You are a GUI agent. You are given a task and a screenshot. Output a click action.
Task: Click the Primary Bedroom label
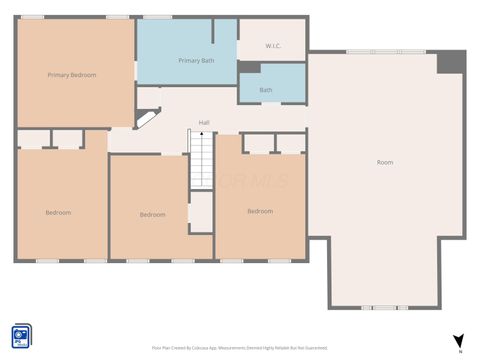pos(72,75)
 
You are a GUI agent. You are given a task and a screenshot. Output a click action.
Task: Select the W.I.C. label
pos(273,47)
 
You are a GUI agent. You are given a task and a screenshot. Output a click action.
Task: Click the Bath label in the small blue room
pos(266,90)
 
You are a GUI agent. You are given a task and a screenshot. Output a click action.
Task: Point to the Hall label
pos(204,123)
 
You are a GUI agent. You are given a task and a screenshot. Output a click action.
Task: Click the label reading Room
pos(384,162)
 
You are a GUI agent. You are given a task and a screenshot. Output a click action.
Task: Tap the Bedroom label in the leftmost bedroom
pos(58,212)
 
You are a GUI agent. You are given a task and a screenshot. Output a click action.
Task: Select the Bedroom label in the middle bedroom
pos(152,215)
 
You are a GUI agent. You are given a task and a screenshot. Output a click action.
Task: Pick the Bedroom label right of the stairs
pos(260,211)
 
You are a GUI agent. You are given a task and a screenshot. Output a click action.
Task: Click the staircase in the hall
pos(202,159)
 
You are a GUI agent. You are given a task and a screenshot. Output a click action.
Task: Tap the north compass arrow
pos(458,340)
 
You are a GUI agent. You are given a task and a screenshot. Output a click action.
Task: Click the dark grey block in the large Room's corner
pos(451,63)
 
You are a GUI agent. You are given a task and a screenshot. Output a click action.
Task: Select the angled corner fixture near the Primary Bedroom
pos(146,118)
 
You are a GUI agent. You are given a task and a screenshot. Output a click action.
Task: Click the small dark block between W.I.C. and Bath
pos(248,67)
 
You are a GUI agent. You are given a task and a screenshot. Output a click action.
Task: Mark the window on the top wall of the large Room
pos(385,52)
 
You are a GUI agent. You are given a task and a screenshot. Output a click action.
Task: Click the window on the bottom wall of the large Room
pos(380,307)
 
